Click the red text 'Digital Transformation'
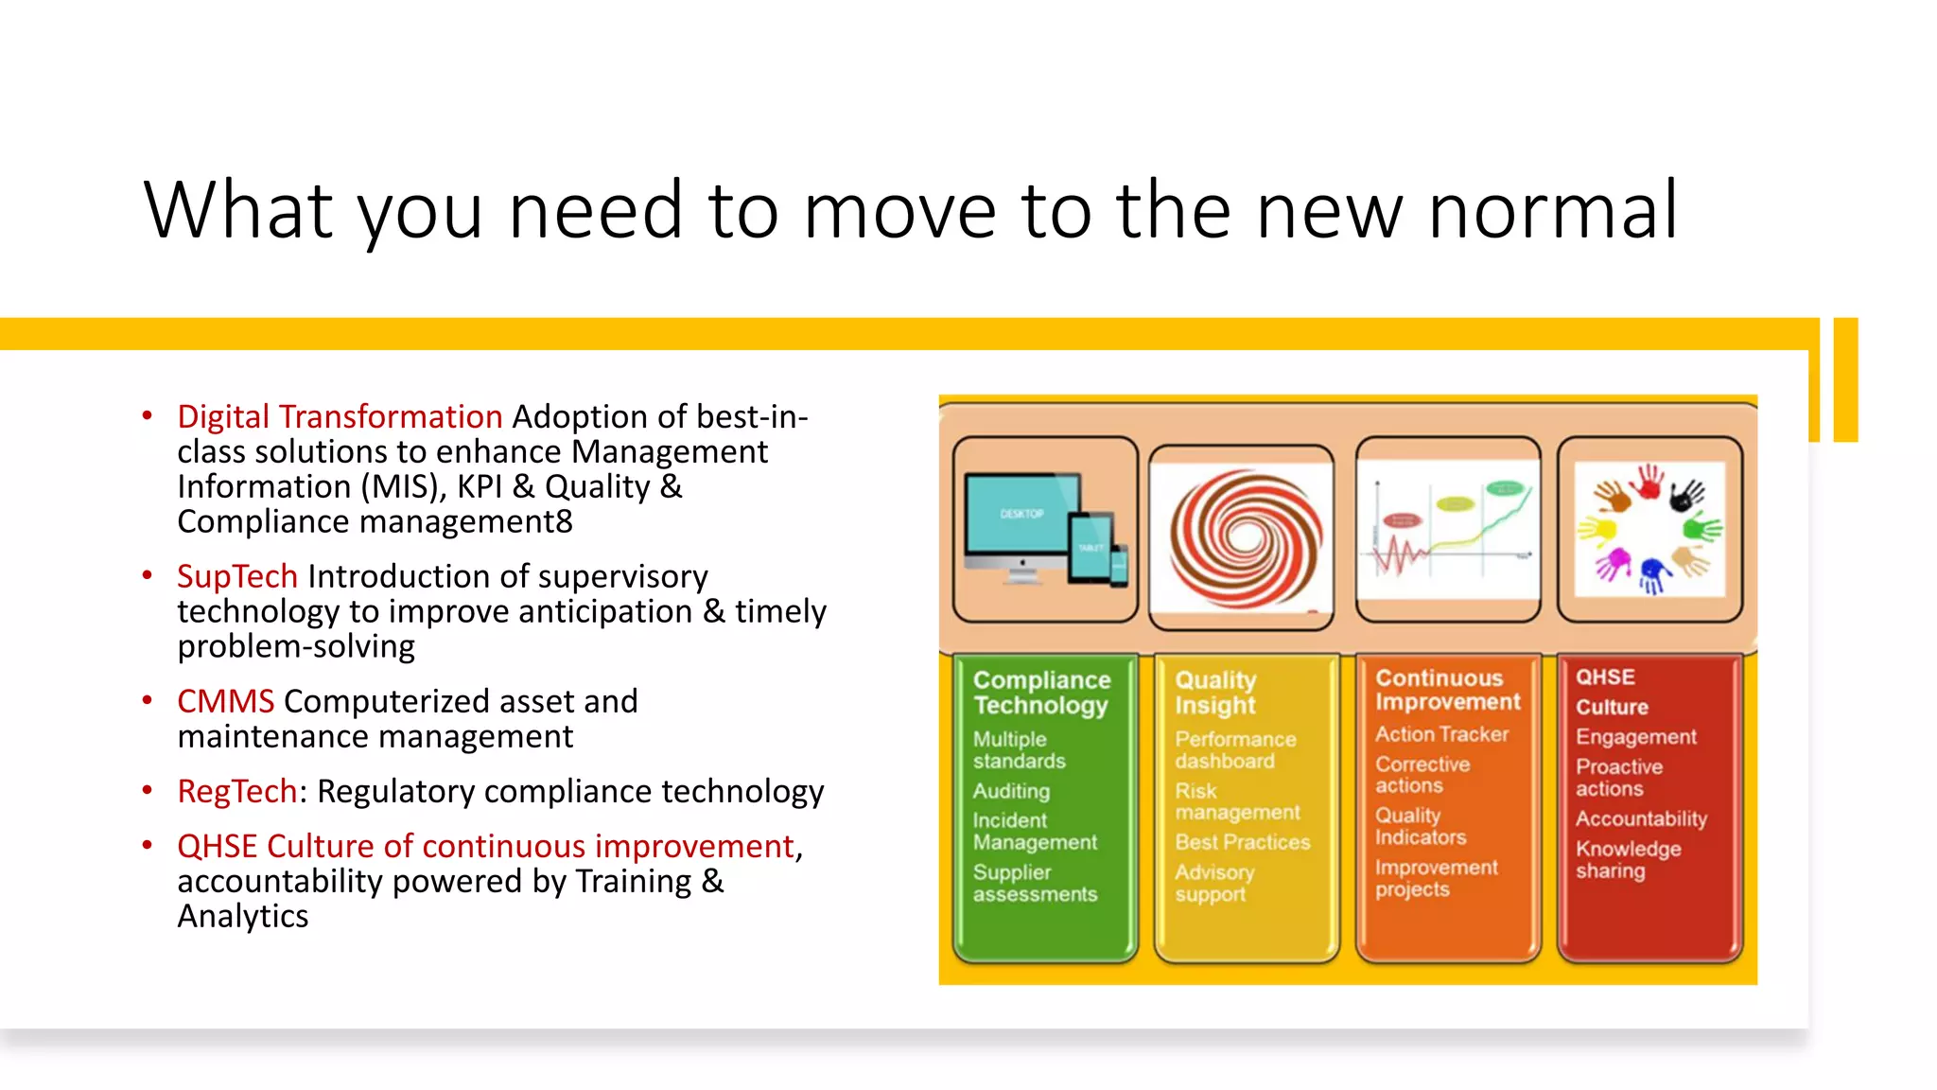click(x=340, y=417)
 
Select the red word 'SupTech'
click(x=237, y=577)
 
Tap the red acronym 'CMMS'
click(x=225, y=702)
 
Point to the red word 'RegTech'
click(x=237, y=792)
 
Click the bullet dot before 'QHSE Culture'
click(x=148, y=845)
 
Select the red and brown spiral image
click(x=1244, y=537)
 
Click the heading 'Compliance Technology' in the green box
click(x=1041, y=693)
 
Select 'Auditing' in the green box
click(x=1011, y=791)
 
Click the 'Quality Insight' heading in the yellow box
click(x=1215, y=693)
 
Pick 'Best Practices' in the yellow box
click(x=1242, y=842)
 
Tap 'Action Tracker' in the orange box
click(x=1441, y=734)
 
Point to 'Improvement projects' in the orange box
click(x=1436, y=878)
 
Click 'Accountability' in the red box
click(x=1641, y=819)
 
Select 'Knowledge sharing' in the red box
click(x=1627, y=860)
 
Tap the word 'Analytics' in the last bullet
click(x=243, y=917)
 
